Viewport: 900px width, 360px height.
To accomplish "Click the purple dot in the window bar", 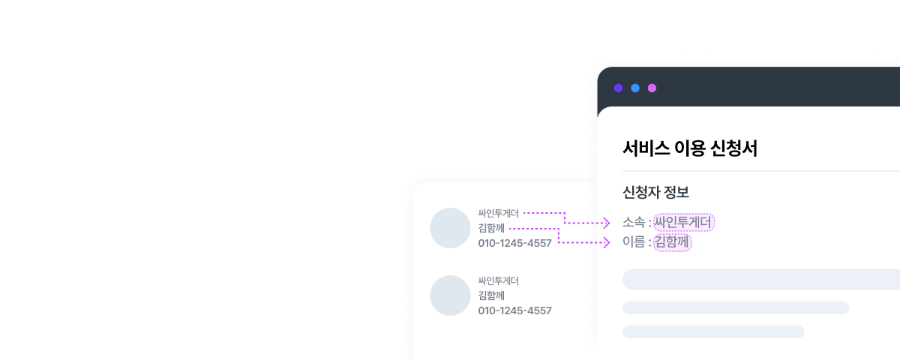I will click(x=618, y=88).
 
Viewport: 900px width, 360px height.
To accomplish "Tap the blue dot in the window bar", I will click(x=635, y=88).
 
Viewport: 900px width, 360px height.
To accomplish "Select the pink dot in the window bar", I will click(x=652, y=88).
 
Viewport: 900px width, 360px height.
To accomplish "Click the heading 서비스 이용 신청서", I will click(x=689, y=148).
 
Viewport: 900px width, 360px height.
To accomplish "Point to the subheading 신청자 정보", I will click(x=655, y=192).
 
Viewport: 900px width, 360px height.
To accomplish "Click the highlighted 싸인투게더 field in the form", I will click(x=684, y=222).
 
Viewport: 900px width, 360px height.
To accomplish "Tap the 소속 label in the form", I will click(x=633, y=222).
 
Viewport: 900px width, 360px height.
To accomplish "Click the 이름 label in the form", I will click(x=633, y=242).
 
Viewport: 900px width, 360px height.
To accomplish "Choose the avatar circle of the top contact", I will click(x=450, y=228).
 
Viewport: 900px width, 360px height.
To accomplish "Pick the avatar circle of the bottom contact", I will click(x=450, y=295).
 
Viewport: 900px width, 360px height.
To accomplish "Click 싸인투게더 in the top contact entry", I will click(x=499, y=213).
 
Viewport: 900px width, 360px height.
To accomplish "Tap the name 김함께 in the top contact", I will click(x=491, y=228).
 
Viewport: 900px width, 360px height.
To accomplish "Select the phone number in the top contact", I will click(x=514, y=243).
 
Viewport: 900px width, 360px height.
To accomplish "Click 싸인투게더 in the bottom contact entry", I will click(x=499, y=280).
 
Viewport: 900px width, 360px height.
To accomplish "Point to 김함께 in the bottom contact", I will click(x=491, y=295).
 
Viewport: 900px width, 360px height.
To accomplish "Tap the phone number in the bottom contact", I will click(x=514, y=310).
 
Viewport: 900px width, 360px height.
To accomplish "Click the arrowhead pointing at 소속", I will click(x=607, y=223).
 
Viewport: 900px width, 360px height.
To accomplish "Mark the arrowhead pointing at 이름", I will click(x=607, y=242).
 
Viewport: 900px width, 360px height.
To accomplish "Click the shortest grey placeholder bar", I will click(x=712, y=331).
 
